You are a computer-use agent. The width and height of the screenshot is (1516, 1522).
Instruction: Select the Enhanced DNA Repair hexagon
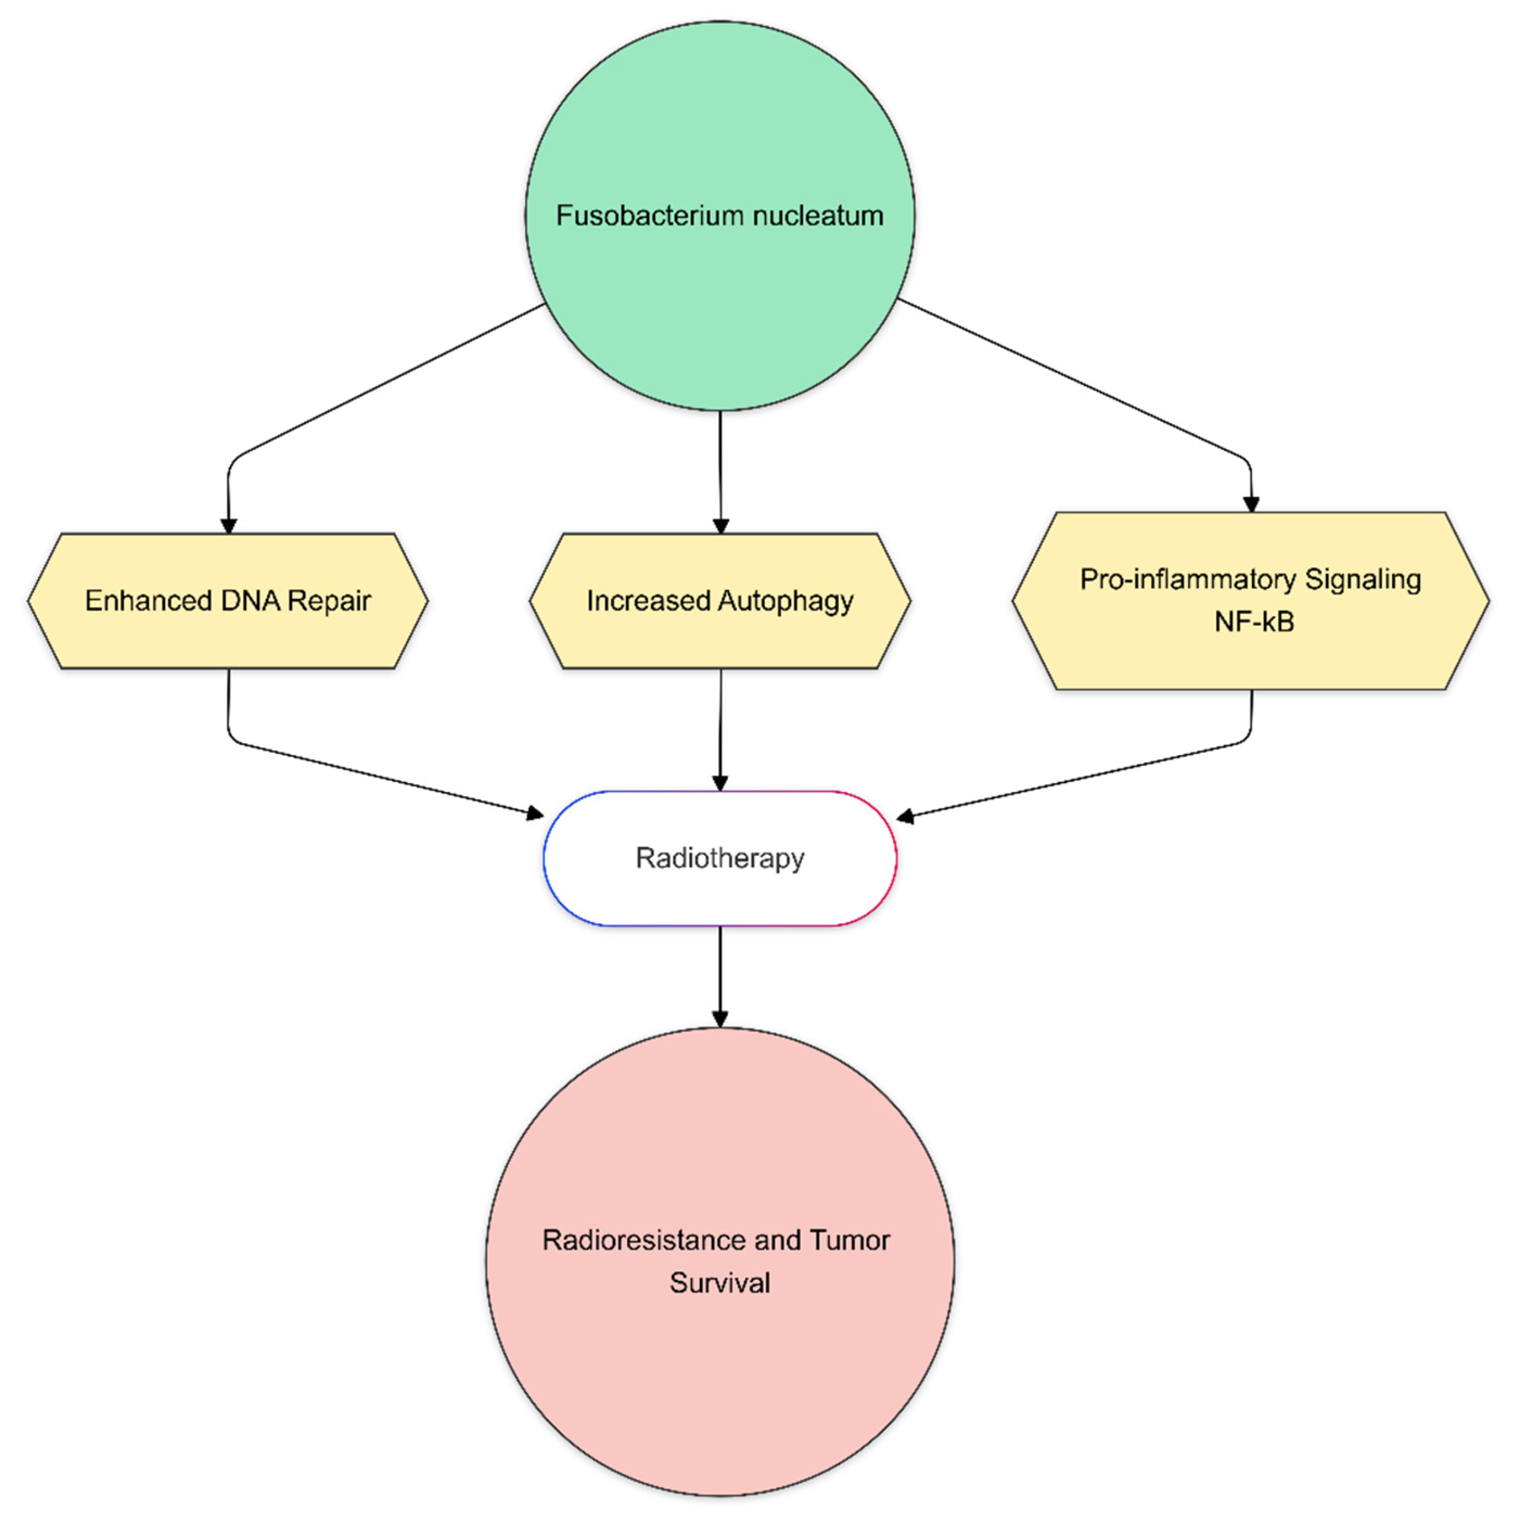[x=228, y=601]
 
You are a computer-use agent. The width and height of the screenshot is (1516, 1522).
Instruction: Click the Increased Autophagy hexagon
[x=719, y=601]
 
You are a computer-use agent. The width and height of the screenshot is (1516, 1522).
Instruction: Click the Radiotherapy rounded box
[x=719, y=858]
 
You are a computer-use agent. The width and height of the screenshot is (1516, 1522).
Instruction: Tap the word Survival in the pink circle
[x=719, y=1283]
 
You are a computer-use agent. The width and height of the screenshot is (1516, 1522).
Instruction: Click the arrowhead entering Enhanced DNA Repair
[x=228, y=526]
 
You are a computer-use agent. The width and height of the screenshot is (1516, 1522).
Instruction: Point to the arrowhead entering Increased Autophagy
[x=720, y=526]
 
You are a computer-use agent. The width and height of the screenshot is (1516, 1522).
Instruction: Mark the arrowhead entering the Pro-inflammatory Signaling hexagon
[x=1251, y=504]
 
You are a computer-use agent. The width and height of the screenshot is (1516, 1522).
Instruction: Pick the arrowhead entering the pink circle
[x=719, y=1018]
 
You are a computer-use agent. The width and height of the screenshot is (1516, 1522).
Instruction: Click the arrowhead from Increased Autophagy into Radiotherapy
[x=719, y=781]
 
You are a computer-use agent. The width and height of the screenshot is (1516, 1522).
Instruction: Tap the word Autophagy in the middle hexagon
[x=786, y=601]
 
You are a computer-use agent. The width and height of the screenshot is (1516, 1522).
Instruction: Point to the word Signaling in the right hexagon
[x=1363, y=580]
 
